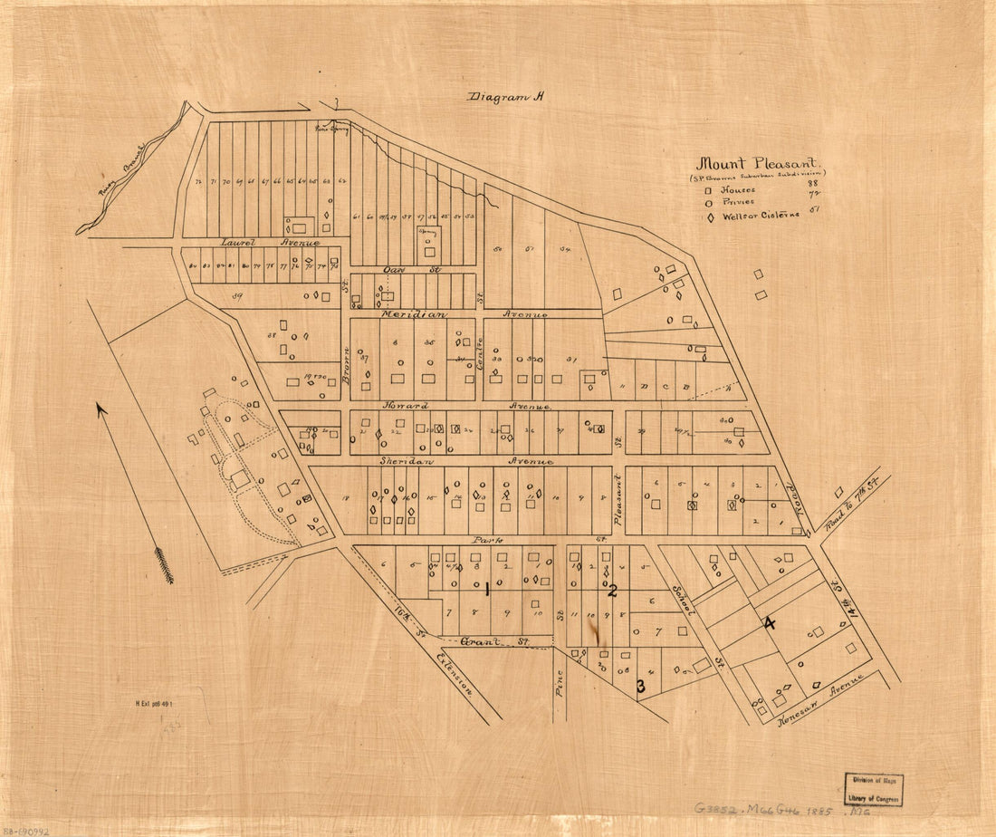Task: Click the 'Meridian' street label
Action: pyautogui.click(x=413, y=313)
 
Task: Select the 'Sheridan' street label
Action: pyautogui.click(x=405, y=461)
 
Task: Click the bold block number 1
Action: pyautogui.click(x=487, y=590)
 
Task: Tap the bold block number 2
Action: pyautogui.click(x=612, y=592)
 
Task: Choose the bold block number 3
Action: pyautogui.click(x=640, y=687)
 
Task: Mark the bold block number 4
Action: pyautogui.click(x=770, y=623)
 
